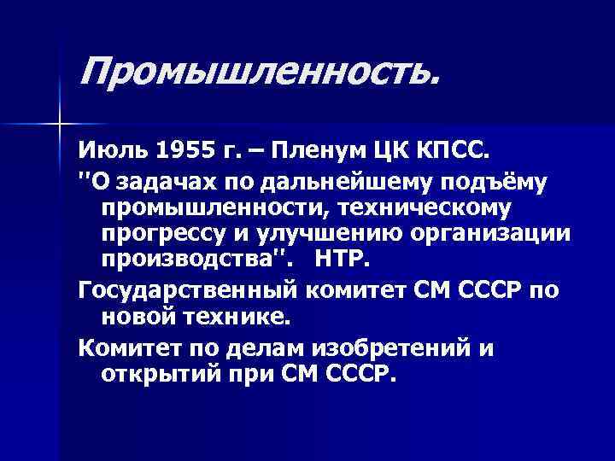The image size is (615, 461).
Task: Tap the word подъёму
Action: coord(469,181)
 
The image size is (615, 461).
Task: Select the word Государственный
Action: coord(186,290)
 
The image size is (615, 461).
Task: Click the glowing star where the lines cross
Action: coord(59,124)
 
